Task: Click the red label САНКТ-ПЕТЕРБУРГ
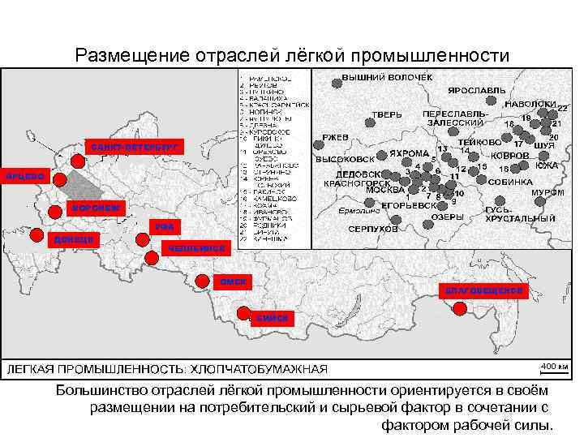coord(134,147)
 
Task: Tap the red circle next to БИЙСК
coord(243,312)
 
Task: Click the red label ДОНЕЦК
coord(74,239)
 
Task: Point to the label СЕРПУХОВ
coord(373,230)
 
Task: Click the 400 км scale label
coord(549,365)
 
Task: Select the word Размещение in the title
coord(131,56)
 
